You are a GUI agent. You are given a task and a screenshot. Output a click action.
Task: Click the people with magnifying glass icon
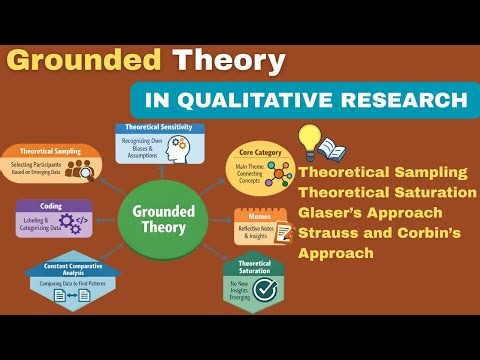[76, 170]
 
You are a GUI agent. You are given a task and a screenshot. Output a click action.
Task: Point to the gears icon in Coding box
[78, 222]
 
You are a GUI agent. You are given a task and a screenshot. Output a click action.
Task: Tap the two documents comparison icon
[79, 295]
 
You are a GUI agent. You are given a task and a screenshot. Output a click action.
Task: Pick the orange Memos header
[256, 213]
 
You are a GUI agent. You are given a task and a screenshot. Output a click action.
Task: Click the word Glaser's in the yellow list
[335, 214]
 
